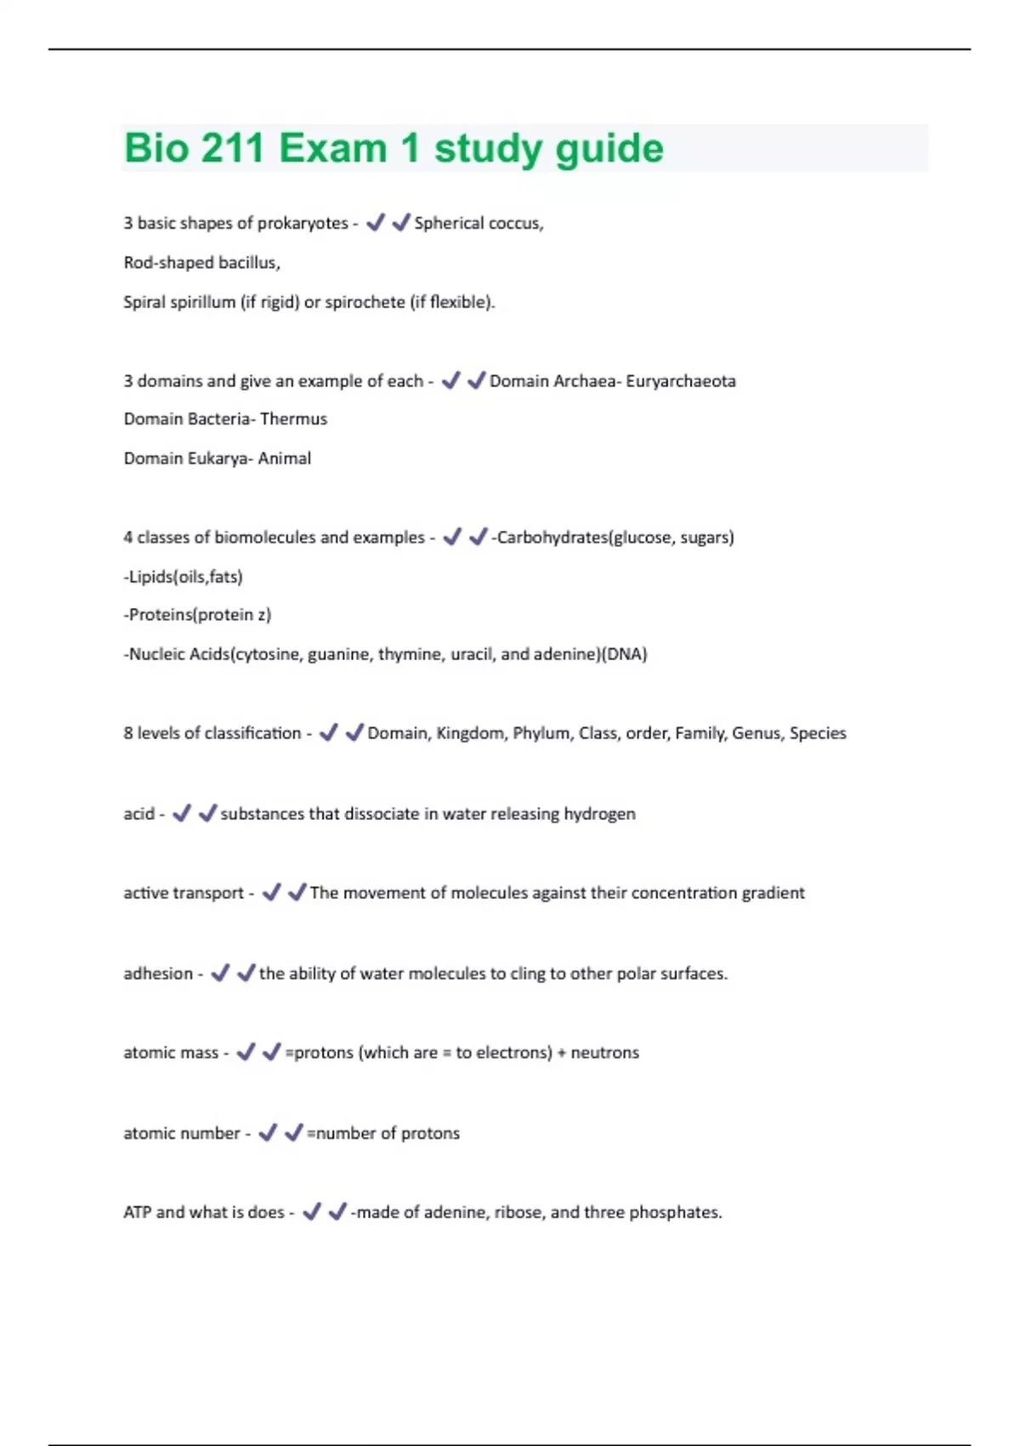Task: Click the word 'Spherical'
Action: [450, 223]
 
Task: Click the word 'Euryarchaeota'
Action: [681, 381]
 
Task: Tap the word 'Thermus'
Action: [293, 418]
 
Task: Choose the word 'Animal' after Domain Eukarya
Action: [285, 458]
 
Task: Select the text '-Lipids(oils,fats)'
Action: [183, 577]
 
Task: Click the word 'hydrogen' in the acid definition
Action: [599, 814]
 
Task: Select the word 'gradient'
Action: [773, 893]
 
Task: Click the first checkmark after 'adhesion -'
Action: [219, 972]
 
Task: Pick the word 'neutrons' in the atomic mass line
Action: [604, 1053]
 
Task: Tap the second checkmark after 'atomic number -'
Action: [293, 1132]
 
